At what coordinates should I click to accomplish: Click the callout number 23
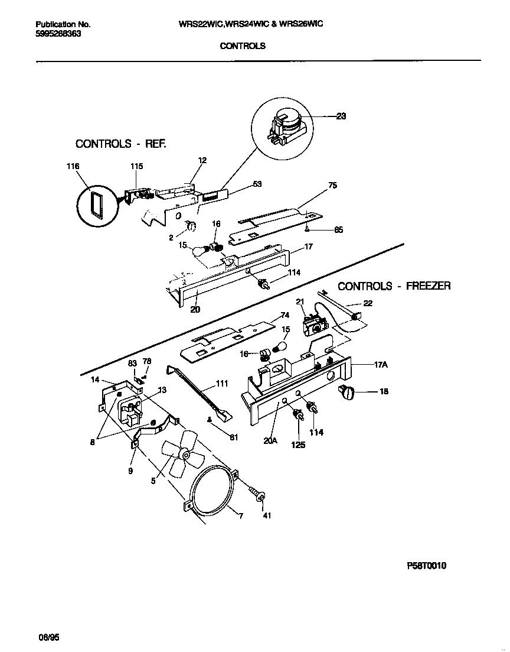[x=341, y=116]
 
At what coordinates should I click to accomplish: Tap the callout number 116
[x=73, y=167]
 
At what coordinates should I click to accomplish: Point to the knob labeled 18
[x=346, y=391]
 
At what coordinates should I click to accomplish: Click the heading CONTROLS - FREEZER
[x=394, y=286]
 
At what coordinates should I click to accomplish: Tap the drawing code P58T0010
[x=426, y=566]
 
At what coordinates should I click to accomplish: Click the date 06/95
[x=49, y=638]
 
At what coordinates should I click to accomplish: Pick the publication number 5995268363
[x=58, y=34]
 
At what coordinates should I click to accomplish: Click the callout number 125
[x=299, y=445]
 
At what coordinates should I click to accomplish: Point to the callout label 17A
[x=381, y=365]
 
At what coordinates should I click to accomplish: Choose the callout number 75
[x=332, y=186]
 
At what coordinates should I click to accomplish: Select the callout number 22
[x=368, y=303]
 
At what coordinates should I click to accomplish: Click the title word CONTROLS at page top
[x=242, y=46]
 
